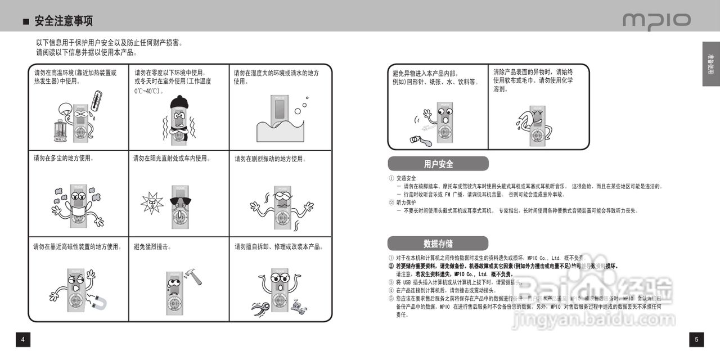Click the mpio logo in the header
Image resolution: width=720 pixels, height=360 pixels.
[x=656, y=21]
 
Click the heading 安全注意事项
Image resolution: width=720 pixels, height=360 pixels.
[x=64, y=21]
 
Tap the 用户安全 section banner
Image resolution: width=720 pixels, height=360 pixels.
[x=438, y=164]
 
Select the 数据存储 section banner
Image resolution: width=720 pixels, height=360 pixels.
[x=438, y=244]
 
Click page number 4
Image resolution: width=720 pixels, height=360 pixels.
[x=22, y=339]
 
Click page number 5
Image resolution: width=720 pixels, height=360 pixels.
[x=696, y=339]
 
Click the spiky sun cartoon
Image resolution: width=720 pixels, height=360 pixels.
[x=151, y=202]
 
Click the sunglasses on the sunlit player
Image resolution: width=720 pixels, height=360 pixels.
[x=179, y=201]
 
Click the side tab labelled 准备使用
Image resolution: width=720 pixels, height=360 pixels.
[x=710, y=64]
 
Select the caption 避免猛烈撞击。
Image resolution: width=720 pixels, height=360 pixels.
[x=152, y=246]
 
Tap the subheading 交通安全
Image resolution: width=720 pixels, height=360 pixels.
[x=406, y=178]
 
